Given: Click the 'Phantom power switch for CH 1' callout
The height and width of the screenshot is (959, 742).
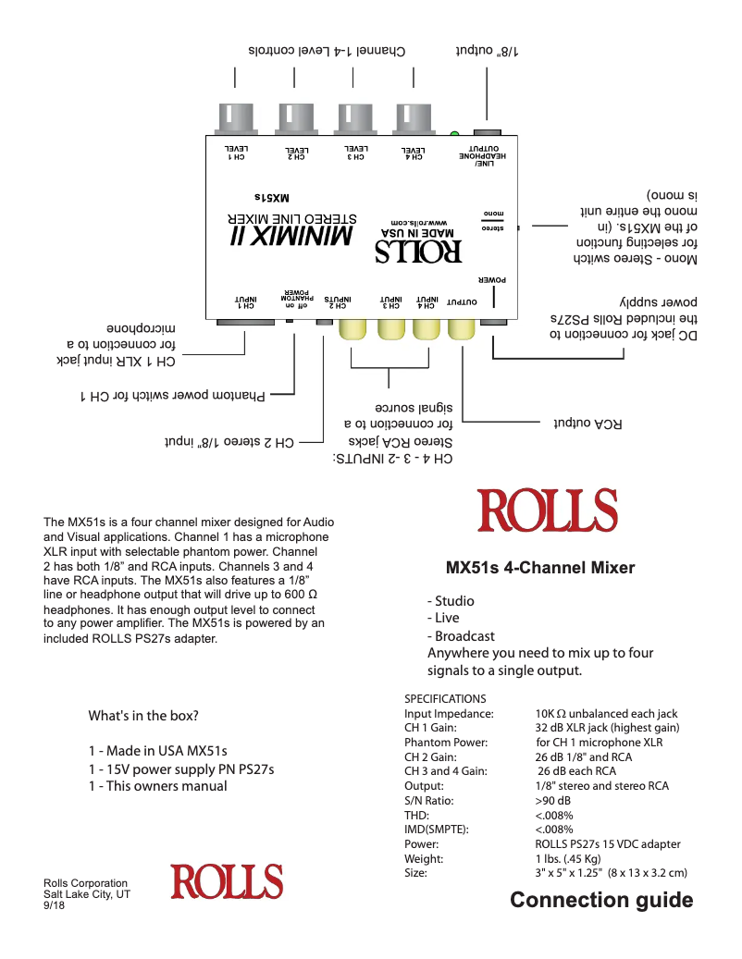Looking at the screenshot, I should pyautogui.click(x=173, y=397).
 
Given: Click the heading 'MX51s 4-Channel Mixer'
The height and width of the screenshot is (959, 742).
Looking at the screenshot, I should pyautogui.click(x=540, y=567).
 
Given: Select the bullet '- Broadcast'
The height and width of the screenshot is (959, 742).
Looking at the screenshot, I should pyautogui.click(x=461, y=636).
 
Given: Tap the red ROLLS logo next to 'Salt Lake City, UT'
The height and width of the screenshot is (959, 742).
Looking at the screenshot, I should pyautogui.click(x=226, y=882).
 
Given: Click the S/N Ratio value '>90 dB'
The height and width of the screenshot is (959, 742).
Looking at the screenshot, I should pyautogui.click(x=553, y=801).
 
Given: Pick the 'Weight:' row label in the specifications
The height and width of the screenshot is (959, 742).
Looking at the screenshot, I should pyautogui.click(x=425, y=858).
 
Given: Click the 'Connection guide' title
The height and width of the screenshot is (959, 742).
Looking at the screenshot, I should pyautogui.click(x=601, y=900).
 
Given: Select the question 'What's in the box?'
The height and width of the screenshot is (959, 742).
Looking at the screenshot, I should pyautogui.click(x=143, y=716).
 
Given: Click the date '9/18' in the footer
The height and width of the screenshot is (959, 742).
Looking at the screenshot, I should pyautogui.click(x=55, y=906).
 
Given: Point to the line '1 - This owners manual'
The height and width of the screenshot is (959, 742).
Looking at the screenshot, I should pyautogui.click(x=157, y=786).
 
